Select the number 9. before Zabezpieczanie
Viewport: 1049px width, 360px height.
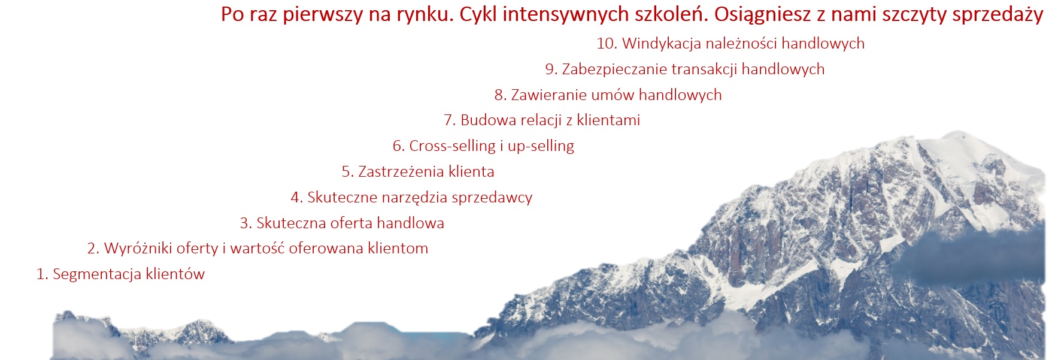point(551,69)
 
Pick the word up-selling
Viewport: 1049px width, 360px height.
point(541,146)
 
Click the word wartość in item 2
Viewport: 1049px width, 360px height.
point(257,249)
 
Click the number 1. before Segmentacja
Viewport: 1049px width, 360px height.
point(42,274)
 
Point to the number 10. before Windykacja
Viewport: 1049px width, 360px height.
point(607,44)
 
